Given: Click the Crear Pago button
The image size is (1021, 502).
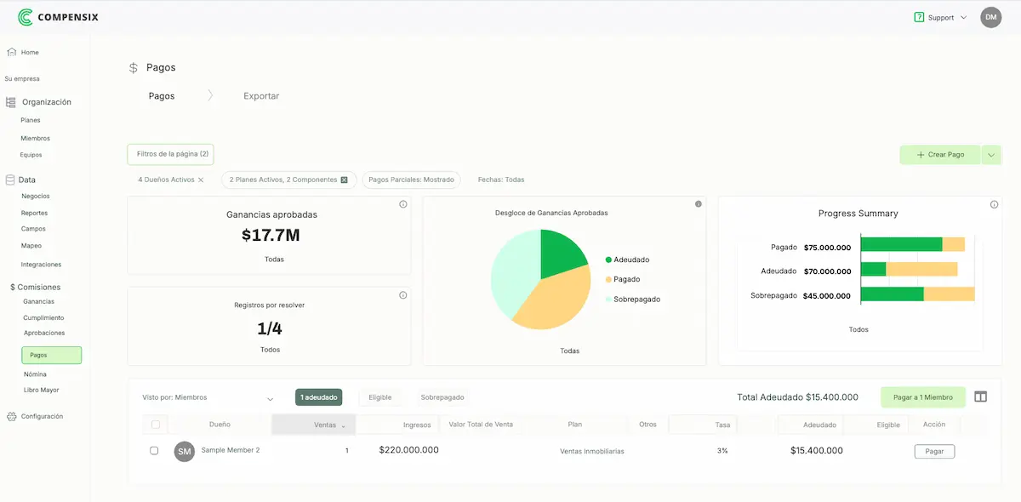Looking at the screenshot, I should point(940,155).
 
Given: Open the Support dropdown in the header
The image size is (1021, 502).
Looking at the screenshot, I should point(940,17).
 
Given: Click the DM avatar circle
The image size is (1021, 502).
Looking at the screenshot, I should point(990,17).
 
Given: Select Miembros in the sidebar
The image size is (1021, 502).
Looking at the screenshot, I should point(36,138).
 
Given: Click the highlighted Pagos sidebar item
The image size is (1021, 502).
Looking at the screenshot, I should point(51,355).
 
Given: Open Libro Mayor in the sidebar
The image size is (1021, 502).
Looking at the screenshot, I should point(41,390).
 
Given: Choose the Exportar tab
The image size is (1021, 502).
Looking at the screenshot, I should point(261,96).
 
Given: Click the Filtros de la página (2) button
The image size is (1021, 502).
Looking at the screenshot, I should point(171,154).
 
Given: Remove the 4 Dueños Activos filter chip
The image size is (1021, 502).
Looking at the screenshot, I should point(201,180).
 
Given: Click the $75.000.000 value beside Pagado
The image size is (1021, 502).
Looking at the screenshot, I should point(827,248).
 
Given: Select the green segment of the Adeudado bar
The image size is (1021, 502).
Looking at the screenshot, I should point(874,269).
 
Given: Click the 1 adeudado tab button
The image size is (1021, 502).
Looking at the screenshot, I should point(318,397).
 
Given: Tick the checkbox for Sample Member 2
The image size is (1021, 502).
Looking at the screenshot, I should point(154,451).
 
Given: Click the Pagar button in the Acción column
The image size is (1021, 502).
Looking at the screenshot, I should point(934,452).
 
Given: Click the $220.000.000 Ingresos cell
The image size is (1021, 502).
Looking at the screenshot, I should point(408,450).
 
